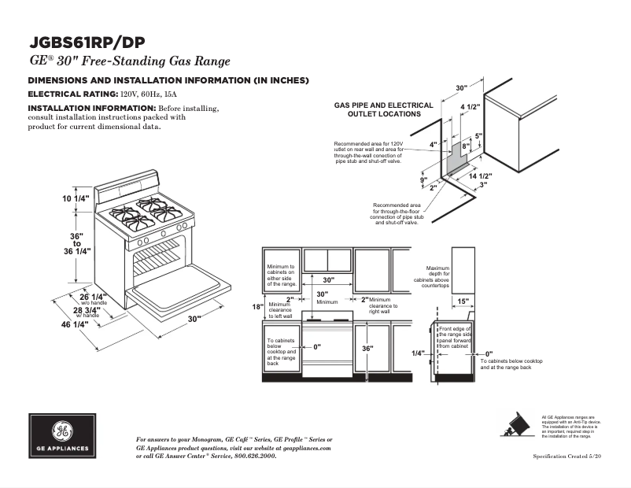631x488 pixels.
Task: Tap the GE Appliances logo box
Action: coord(62,435)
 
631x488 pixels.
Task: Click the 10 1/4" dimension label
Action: coord(76,198)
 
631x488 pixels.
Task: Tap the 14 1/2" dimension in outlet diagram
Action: coord(480,176)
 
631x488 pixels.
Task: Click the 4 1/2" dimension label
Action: coord(470,106)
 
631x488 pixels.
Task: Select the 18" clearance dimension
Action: coord(256,307)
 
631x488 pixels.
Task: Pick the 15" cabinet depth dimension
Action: coord(463,301)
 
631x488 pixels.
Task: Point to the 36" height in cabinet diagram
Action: coord(367,349)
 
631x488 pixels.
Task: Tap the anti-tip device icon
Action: coord(516,425)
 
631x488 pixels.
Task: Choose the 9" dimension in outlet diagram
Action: coord(423,180)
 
